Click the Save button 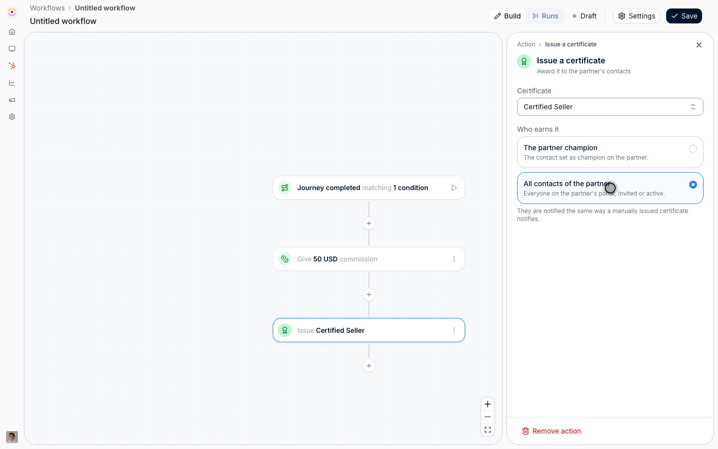(x=684, y=16)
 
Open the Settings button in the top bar (x=637, y=16)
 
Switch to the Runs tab (x=545, y=16)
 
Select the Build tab (x=508, y=16)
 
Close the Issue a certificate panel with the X (x=699, y=45)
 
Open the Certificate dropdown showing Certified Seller (x=610, y=107)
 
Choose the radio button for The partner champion (x=693, y=149)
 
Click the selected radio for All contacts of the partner (x=693, y=185)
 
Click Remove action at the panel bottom (x=551, y=431)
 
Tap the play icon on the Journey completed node (x=454, y=188)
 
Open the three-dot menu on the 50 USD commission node (x=454, y=259)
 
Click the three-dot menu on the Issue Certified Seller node (x=454, y=330)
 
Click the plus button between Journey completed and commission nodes (x=369, y=223)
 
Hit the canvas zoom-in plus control (x=488, y=404)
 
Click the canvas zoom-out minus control (x=488, y=417)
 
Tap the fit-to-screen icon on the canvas (x=488, y=430)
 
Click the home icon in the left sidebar (x=12, y=32)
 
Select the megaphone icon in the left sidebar (x=12, y=100)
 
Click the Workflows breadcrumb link (x=47, y=8)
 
